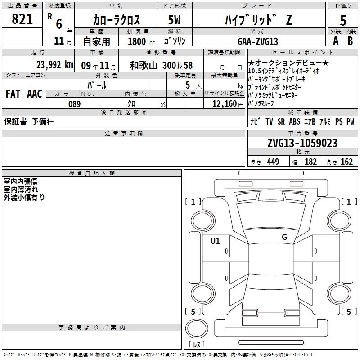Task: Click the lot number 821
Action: [22, 19]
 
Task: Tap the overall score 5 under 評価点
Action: [343, 21]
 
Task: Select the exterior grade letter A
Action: [336, 41]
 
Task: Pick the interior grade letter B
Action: [350, 41]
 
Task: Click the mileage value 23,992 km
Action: [55, 65]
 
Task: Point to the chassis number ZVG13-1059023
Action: [302, 143]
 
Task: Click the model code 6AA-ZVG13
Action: [258, 41]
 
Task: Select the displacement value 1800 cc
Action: [141, 41]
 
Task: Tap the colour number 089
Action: [75, 104]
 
